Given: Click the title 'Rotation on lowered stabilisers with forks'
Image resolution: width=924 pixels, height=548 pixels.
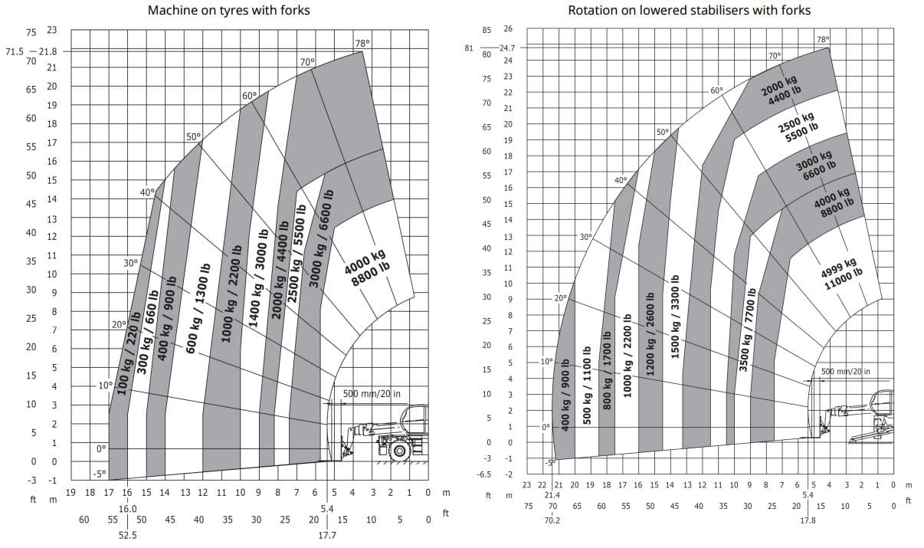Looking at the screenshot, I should (x=689, y=10).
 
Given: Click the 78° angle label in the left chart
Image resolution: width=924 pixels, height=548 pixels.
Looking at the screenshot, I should (x=362, y=44).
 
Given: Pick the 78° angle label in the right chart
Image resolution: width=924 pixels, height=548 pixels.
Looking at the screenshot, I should (x=823, y=39).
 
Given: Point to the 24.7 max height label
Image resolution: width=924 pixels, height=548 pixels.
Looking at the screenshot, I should (x=506, y=48).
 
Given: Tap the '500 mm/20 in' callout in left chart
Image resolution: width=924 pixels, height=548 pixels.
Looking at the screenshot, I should (x=371, y=394).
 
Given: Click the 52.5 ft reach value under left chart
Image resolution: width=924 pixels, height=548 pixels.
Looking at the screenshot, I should (x=127, y=535).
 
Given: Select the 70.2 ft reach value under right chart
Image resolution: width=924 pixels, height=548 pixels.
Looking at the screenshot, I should (x=552, y=520).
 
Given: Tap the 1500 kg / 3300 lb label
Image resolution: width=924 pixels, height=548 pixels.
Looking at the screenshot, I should (x=675, y=315).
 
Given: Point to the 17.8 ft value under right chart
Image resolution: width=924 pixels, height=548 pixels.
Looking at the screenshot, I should (x=808, y=520).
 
